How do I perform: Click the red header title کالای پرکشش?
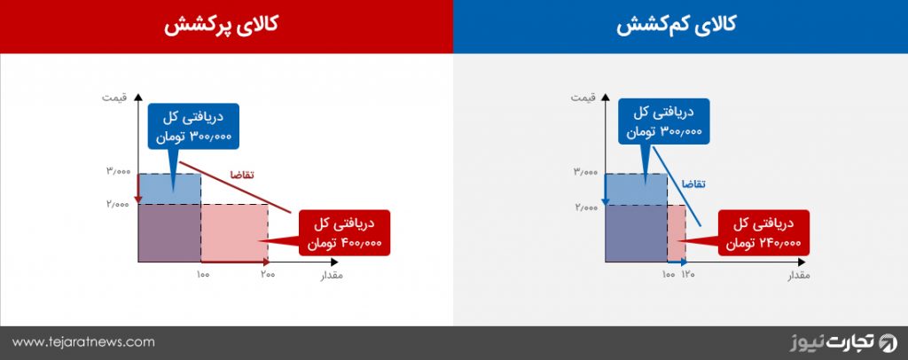click(220, 26)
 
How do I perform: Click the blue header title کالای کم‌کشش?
click(676, 26)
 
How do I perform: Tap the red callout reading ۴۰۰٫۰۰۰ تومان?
click(345, 232)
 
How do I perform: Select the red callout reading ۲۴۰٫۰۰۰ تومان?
click(763, 232)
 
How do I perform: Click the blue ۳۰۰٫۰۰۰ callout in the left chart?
click(193, 126)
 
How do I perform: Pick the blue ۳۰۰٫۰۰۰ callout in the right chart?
click(663, 121)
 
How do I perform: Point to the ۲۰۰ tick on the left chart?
click(267, 274)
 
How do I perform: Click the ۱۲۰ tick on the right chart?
click(687, 274)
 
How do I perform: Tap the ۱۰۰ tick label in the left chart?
click(203, 274)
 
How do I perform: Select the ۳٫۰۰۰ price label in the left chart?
click(118, 171)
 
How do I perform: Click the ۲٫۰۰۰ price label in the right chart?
click(585, 207)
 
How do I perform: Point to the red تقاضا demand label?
click(243, 175)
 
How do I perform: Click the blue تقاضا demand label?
click(694, 184)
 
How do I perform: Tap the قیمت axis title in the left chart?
click(114, 97)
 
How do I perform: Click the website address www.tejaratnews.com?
click(83, 342)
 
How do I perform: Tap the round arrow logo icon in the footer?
click(888, 342)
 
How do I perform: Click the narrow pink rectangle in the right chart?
click(677, 233)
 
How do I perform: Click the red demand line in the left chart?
click(234, 187)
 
